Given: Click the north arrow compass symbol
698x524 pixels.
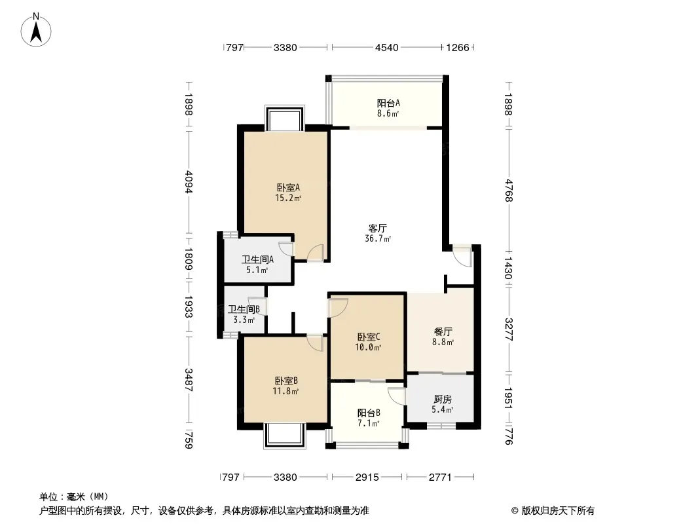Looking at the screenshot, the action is point(36,30).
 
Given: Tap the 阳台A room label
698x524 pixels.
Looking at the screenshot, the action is point(388,103).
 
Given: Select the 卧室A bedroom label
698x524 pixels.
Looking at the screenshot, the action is point(288,187).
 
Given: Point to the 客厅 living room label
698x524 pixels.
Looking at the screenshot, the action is point(378,229).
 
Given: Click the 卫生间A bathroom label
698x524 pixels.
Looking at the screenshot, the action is point(257,259).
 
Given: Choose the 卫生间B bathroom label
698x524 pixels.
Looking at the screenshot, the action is point(244,309).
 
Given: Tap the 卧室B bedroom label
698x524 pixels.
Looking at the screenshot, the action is point(285,381).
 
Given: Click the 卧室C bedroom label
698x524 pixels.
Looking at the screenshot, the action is point(368,337).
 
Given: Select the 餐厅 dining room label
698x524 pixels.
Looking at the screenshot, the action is point(443,331).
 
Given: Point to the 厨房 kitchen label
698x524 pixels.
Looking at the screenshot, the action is point(443,400).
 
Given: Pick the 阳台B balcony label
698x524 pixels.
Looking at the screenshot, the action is point(369,413).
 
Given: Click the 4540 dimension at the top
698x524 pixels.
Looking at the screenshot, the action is point(386,48).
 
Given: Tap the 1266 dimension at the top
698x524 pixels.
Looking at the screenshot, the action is point(458,48).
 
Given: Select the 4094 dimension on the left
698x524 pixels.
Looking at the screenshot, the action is point(189,182).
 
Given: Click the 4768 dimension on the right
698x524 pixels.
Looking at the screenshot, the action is point(509,191).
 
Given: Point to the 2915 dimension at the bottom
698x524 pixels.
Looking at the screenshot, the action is point(367,477).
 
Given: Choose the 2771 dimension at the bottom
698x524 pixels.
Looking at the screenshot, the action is point(440,477).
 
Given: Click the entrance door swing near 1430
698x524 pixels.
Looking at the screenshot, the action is point(462,256).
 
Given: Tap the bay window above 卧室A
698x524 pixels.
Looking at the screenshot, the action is point(284,118).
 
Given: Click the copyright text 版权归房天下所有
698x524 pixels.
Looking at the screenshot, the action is point(558,511).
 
